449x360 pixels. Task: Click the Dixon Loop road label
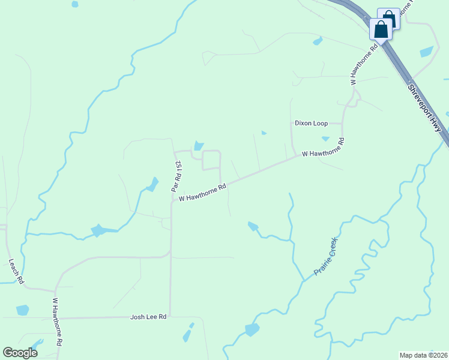pos(311,123)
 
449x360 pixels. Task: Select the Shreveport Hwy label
pos(428,107)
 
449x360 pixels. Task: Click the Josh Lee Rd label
pos(148,316)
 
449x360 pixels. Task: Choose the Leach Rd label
pos(16,271)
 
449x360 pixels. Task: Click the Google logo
pos(20,353)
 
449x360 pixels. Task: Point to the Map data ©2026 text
pos(423,355)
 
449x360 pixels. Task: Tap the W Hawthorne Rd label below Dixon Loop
pos(324,148)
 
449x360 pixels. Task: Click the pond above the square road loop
pos(198,146)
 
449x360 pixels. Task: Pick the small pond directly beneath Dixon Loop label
pos(325,139)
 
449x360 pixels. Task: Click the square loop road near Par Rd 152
pos(211,161)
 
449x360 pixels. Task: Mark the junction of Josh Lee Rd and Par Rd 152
pos(170,316)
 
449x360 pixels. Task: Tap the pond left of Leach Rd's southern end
pos(22,310)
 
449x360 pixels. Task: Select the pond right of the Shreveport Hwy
pos(427,52)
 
